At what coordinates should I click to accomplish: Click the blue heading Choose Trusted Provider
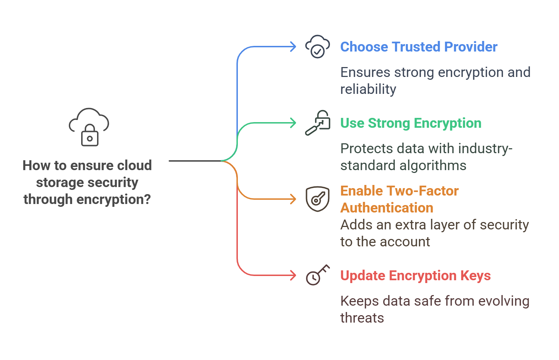pyautogui.click(x=419, y=47)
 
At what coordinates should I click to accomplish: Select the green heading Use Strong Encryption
pyautogui.click(x=411, y=123)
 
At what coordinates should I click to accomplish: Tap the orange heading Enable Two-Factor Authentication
pyautogui.click(x=399, y=199)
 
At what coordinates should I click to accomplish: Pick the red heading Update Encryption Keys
pyautogui.click(x=415, y=276)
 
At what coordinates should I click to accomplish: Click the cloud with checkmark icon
pyautogui.click(x=317, y=47)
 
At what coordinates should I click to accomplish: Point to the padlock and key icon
pyautogui.click(x=317, y=123)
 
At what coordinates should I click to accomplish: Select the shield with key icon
pyautogui.click(x=317, y=199)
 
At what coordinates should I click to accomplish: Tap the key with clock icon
pyautogui.click(x=317, y=275)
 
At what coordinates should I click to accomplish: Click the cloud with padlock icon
pyautogui.click(x=89, y=127)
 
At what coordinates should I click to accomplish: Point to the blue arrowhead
pyautogui.click(x=293, y=47)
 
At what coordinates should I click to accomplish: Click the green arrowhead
pyautogui.click(x=293, y=123)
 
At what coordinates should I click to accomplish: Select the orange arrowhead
pyautogui.click(x=293, y=199)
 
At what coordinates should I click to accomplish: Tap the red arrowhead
pyautogui.click(x=293, y=275)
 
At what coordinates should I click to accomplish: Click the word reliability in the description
pyautogui.click(x=368, y=89)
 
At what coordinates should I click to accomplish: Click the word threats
pyautogui.click(x=362, y=318)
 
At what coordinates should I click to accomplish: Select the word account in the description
pyautogui.click(x=405, y=242)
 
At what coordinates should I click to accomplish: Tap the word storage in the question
pyautogui.click(x=59, y=182)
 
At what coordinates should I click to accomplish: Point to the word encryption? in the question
pyautogui.click(x=114, y=199)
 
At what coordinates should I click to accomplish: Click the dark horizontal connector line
pyautogui.click(x=195, y=161)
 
